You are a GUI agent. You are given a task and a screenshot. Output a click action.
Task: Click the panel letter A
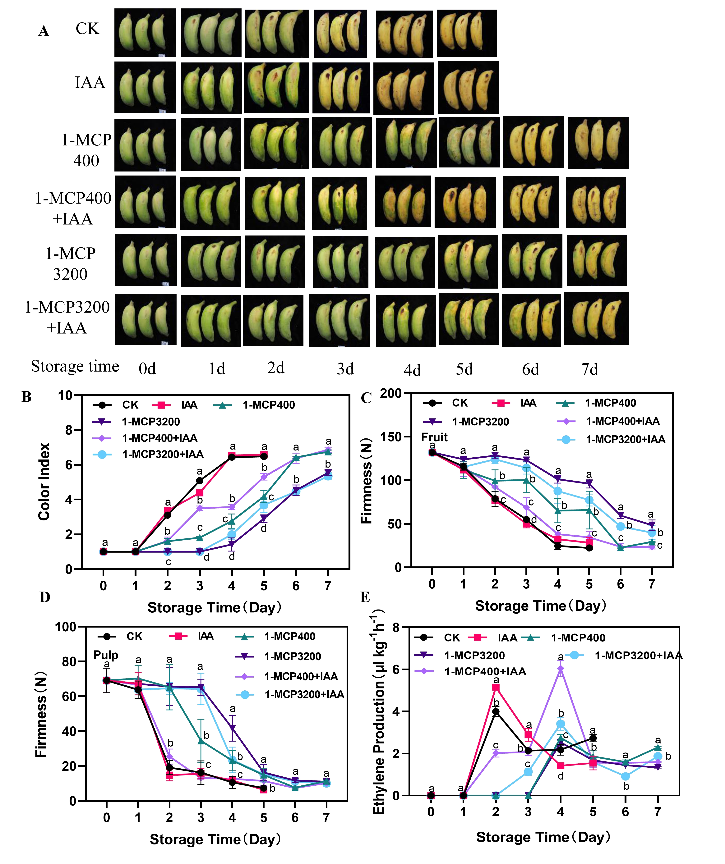[x=44, y=31]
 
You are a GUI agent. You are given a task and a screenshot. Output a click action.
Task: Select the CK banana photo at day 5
[x=466, y=33]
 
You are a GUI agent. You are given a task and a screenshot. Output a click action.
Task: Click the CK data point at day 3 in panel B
[x=200, y=481]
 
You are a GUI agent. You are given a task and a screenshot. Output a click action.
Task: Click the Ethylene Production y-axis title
[x=378, y=712]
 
